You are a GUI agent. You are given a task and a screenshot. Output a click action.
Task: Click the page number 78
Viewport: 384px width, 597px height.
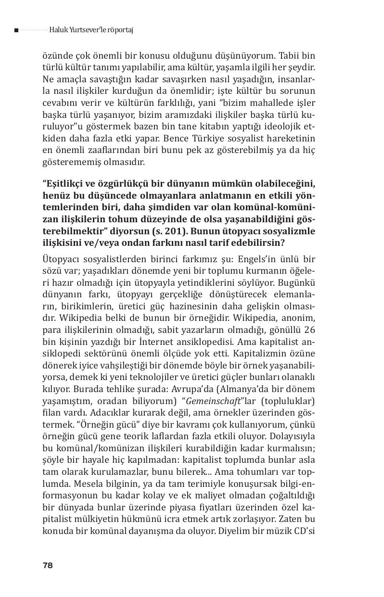point(47,565)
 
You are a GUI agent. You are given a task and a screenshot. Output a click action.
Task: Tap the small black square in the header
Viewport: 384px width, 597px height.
point(16,30)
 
